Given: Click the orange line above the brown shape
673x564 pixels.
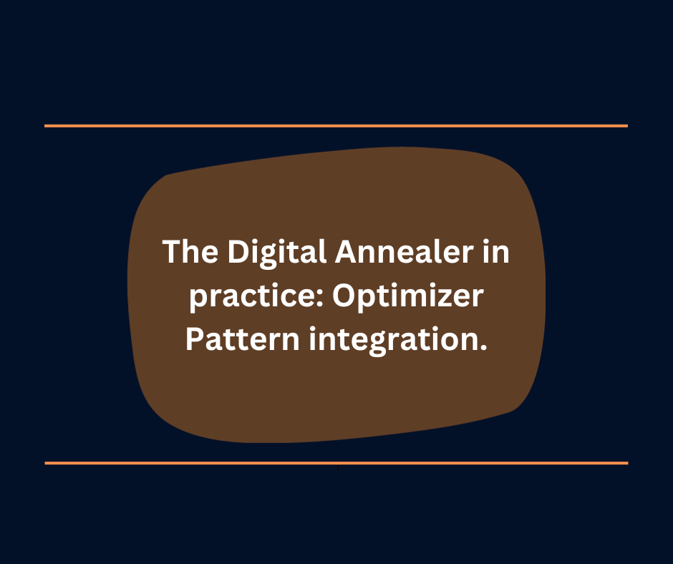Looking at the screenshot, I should pos(336,126).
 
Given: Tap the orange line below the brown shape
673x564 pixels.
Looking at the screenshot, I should pos(336,463).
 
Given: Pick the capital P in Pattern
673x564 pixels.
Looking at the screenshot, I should pos(195,337).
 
